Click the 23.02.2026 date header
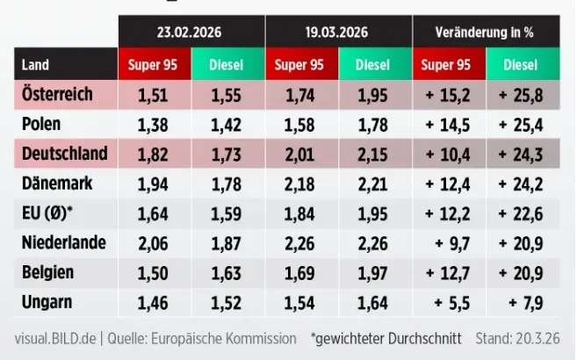click(191, 32)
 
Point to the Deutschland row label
click(64, 154)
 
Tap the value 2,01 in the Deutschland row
click(302, 155)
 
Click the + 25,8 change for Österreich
click(526, 94)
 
